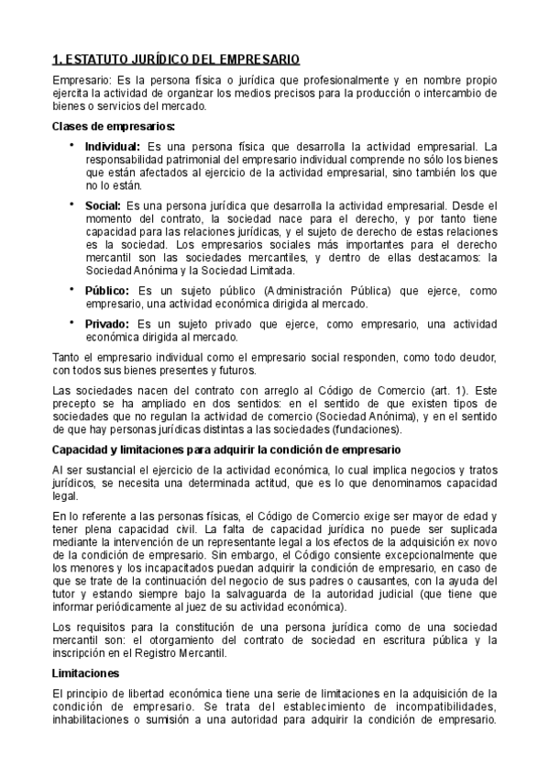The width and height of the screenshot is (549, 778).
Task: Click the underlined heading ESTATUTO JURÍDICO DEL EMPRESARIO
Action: [x=176, y=60]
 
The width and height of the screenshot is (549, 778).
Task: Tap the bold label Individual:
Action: [x=113, y=146]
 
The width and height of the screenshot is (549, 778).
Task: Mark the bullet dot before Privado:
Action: [x=71, y=322]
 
